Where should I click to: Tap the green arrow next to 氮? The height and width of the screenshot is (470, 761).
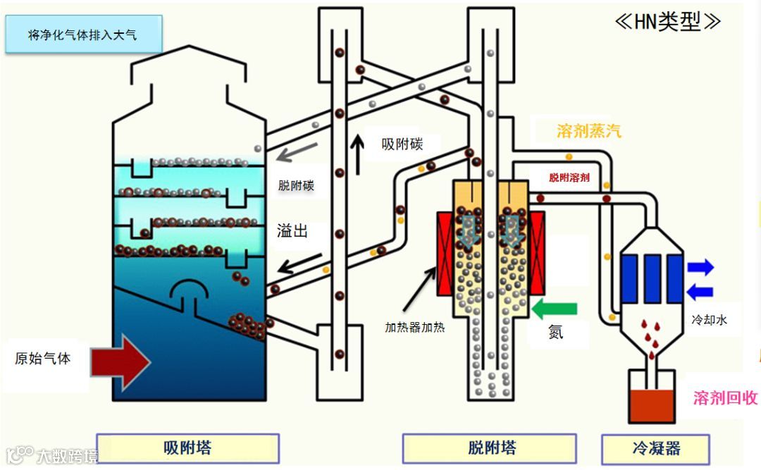[x=555, y=308]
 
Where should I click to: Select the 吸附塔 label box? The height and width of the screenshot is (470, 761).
[x=187, y=448]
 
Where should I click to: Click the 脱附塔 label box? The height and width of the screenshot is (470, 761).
[x=491, y=448]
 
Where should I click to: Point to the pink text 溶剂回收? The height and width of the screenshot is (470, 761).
[x=725, y=397]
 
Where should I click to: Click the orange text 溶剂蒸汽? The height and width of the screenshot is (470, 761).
[x=588, y=131]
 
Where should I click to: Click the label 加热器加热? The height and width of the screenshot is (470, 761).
[x=415, y=327]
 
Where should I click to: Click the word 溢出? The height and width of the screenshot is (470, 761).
[x=292, y=230]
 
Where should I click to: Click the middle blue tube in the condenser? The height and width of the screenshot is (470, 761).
[x=652, y=278]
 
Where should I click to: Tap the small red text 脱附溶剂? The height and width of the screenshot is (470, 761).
[x=569, y=178]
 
